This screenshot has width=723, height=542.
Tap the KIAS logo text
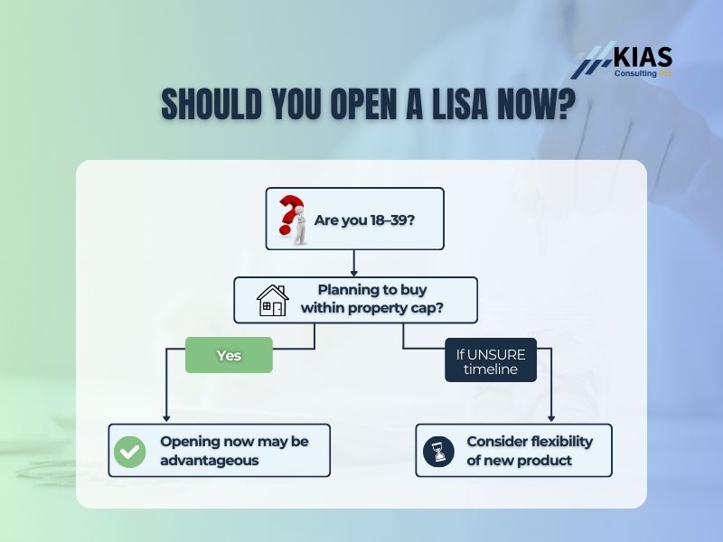(642, 56)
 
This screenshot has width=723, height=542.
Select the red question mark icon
(291, 219)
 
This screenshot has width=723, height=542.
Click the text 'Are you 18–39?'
(364, 220)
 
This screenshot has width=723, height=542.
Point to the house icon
(272, 300)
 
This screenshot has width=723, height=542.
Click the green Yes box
(229, 355)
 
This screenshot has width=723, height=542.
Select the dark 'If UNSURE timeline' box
(491, 360)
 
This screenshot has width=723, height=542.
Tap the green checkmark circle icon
(130, 451)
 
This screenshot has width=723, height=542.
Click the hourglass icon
(438, 451)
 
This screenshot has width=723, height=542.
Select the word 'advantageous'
(210, 461)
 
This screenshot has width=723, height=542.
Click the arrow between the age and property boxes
(354, 263)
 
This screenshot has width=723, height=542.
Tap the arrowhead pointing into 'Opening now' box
(165, 417)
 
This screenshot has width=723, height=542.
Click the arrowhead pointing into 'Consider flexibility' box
(550, 417)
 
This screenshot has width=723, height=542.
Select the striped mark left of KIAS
(594, 62)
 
